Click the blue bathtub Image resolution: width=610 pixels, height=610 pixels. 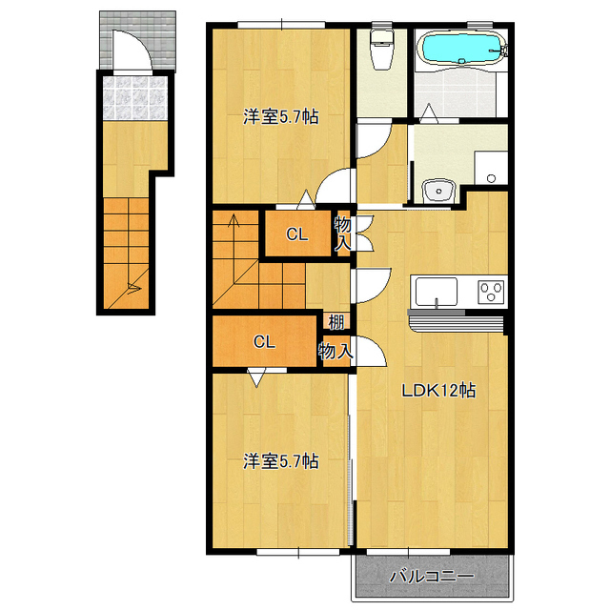[x=461, y=49]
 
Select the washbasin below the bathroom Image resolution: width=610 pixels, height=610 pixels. [x=438, y=191]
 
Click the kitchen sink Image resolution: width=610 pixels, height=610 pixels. [x=437, y=292]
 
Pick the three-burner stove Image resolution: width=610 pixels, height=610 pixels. [x=492, y=292]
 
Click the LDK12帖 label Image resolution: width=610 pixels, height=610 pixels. [x=438, y=390]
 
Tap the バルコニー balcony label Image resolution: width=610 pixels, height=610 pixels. [x=432, y=576]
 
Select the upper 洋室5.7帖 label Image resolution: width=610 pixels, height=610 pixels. [x=281, y=116]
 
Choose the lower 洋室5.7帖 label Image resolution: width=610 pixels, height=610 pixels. [x=281, y=461]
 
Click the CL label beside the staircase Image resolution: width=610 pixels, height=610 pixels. [x=297, y=234]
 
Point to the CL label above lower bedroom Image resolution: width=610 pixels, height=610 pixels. [x=265, y=342]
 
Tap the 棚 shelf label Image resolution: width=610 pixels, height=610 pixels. [x=336, y=322]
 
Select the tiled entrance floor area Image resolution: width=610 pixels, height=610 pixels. [x=135, y=97]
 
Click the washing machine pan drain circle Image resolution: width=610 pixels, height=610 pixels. [x=491, y=178]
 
